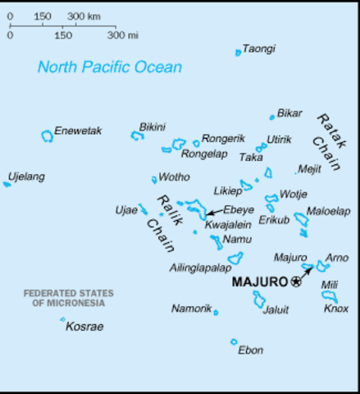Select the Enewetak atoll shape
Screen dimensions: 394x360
point(47,136)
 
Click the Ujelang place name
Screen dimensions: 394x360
point(26,176)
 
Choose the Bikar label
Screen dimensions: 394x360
point(289,112)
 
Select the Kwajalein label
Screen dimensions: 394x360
point(228,225)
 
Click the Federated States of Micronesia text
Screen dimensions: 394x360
point(68,298)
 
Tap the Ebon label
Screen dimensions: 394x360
point(250,350)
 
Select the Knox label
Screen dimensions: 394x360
point(335,309)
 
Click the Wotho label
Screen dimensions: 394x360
point(174,176)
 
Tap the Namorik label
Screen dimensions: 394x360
point(191,309)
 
